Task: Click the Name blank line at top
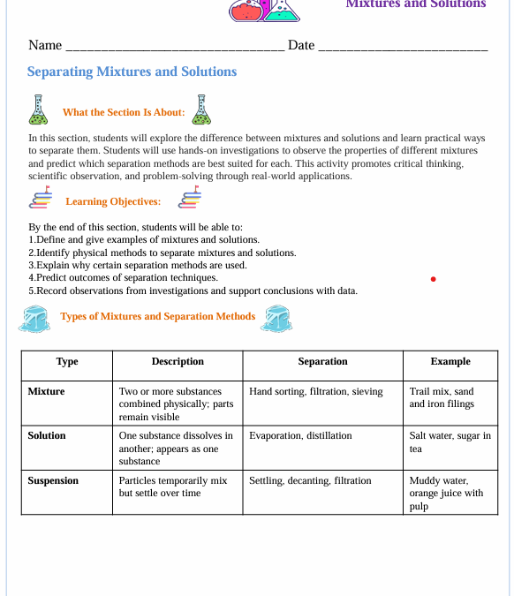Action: coord(175,47)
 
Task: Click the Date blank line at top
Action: coord(402,47)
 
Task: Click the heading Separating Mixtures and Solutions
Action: coord(132,72)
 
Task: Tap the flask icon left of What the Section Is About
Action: coord(38,109)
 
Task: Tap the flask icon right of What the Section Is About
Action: coord(202,109)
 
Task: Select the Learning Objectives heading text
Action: coord(113,201)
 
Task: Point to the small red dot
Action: coord(433,279)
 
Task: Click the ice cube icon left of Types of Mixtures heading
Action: coord(35,319)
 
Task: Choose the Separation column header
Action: coord(322,361)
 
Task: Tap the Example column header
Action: coord(450,361)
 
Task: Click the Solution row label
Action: coord(47,435)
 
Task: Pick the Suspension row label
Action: coord(53,480)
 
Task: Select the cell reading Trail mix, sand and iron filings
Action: coord(442,397)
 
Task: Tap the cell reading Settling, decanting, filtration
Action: coord(310,480)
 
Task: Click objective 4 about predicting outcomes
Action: coord(124,277)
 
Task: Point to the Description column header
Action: coord(178,361)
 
